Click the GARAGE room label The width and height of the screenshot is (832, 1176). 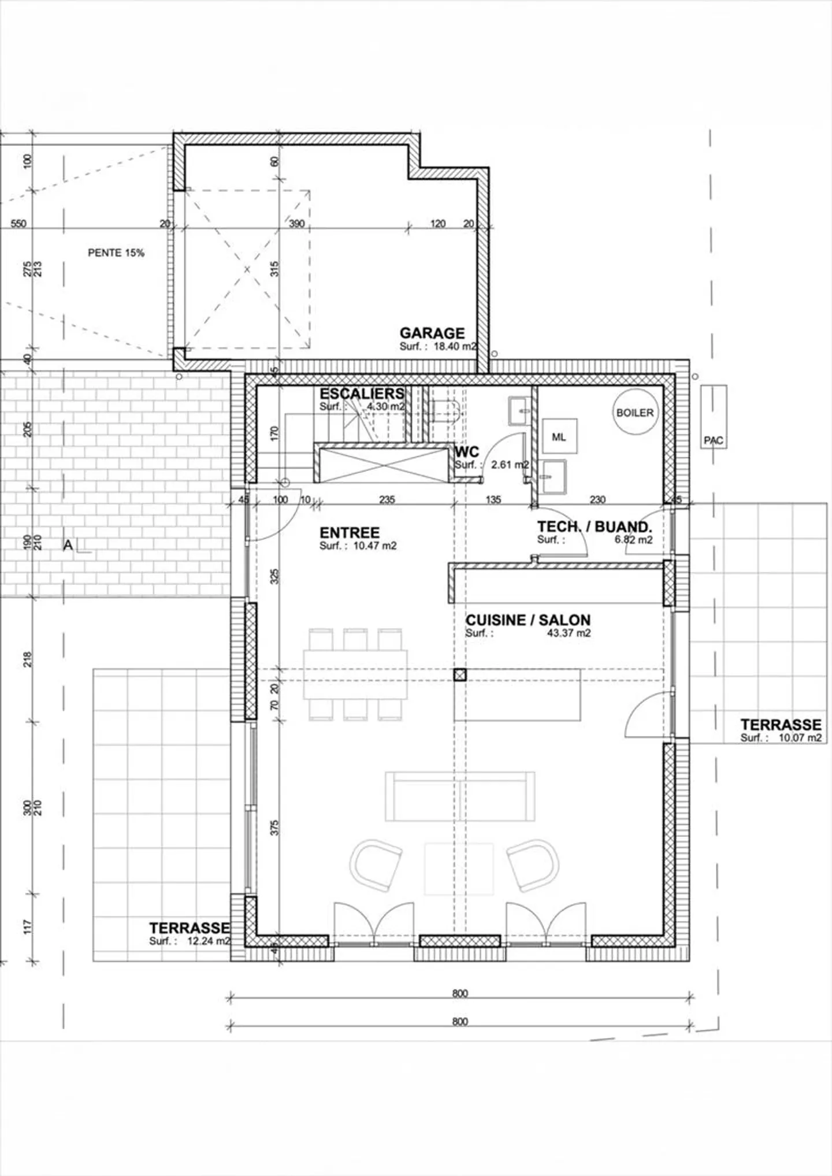432,333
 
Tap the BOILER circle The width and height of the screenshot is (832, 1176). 635,413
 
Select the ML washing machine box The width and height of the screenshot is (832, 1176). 559,437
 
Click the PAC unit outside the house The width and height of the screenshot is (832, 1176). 714,416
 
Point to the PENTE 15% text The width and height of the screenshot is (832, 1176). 116,253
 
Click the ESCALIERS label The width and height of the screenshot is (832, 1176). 362,394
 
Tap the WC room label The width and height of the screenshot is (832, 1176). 467,451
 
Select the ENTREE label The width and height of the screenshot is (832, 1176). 350,532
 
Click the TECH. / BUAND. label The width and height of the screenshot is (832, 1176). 595,526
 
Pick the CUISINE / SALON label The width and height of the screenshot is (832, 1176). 528,620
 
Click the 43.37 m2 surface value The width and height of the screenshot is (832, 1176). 569,633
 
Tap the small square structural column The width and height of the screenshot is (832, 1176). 459,675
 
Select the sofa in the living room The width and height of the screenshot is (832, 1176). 460,796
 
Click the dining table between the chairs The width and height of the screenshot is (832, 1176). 355,675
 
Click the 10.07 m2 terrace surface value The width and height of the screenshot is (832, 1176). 800,738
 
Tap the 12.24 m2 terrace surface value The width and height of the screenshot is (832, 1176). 208,941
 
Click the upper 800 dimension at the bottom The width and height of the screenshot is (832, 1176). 460,993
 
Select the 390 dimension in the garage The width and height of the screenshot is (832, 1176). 296,224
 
